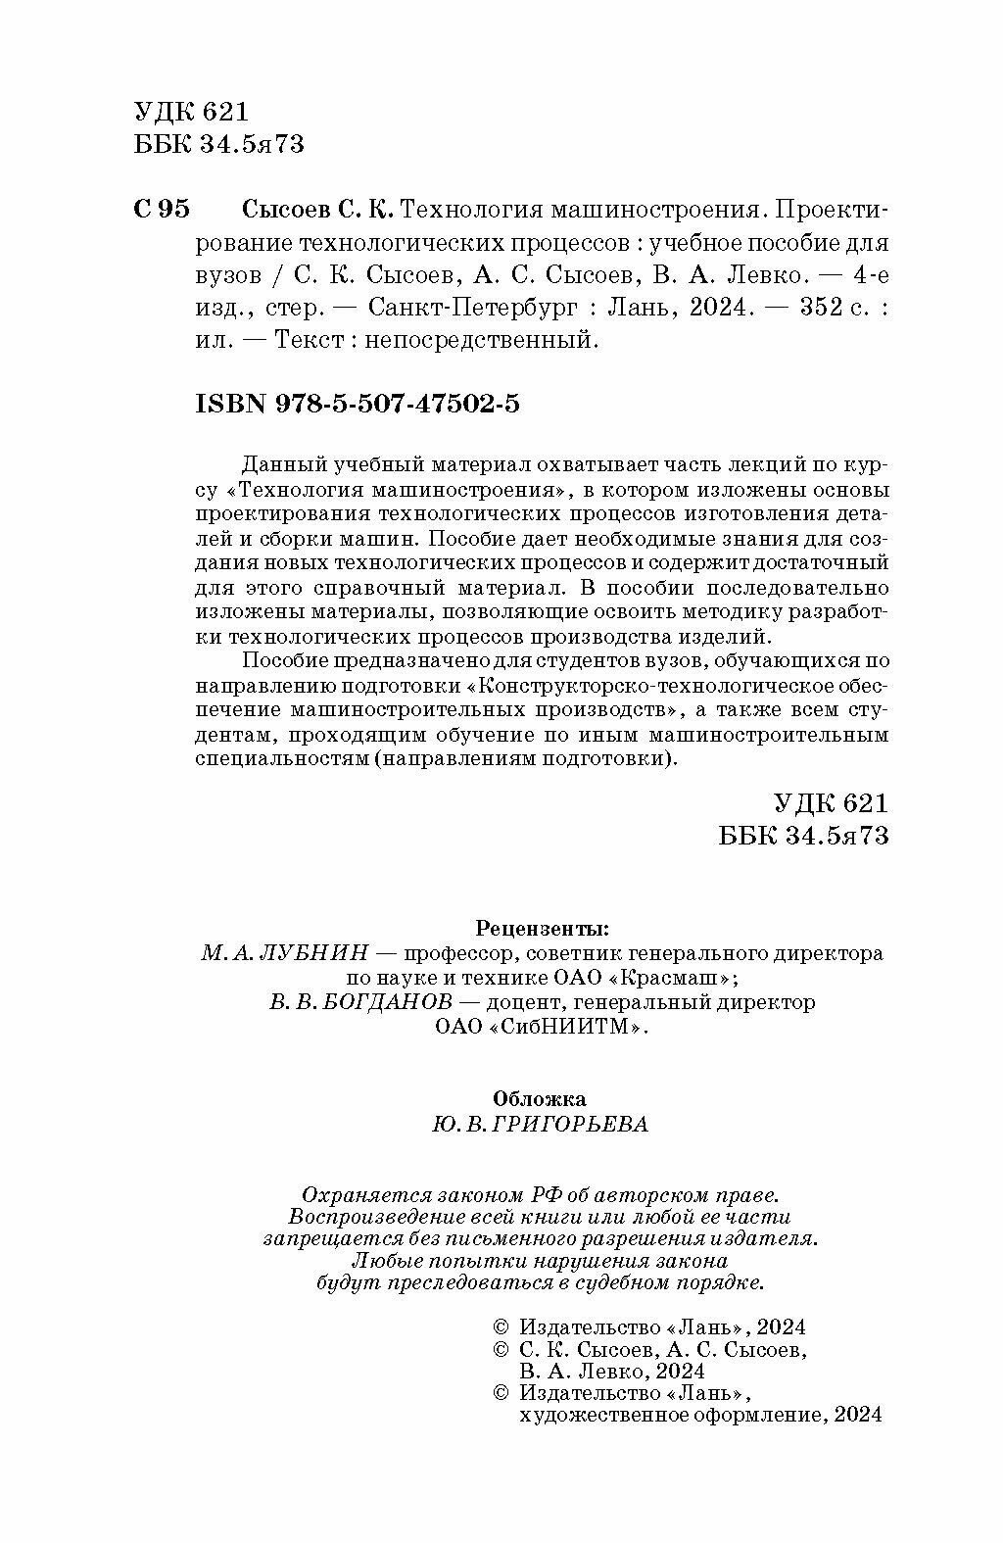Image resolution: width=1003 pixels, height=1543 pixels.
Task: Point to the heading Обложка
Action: [540, 1098]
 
